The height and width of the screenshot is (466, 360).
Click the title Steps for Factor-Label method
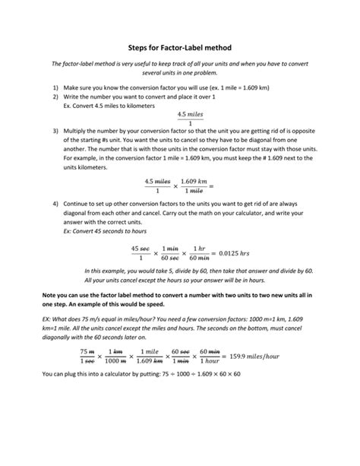tap(179, 48)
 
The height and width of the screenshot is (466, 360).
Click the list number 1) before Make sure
tap(55, 88)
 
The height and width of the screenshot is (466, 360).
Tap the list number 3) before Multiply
tap(55, 131)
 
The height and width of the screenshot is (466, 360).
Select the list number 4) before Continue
tap(55, 204)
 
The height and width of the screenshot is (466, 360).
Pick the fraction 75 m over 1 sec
tap(86, 357)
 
